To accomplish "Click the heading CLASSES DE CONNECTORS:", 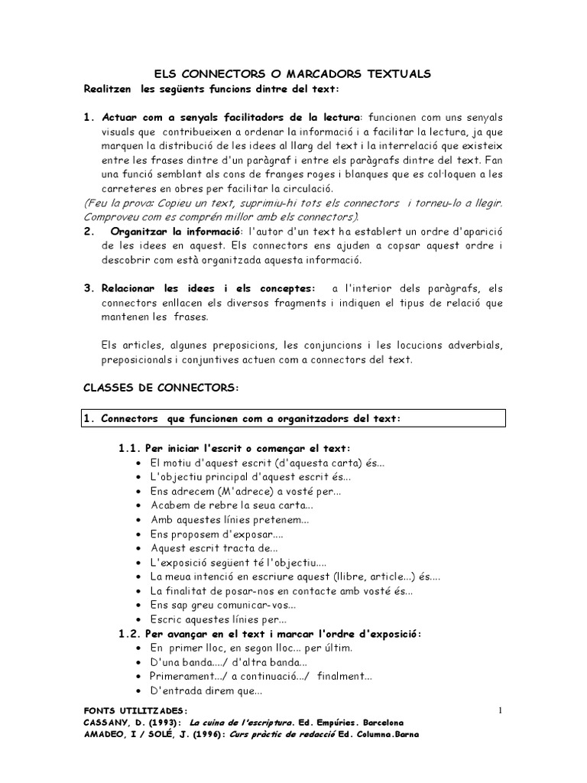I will tap(161, 388).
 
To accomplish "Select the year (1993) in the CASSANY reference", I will tap(160, 723).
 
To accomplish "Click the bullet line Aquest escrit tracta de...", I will tap(214, 548).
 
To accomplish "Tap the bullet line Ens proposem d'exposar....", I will tap(218, 534).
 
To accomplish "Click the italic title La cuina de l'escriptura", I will tap(242, 723).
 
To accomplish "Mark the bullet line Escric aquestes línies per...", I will tap(219, 619).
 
